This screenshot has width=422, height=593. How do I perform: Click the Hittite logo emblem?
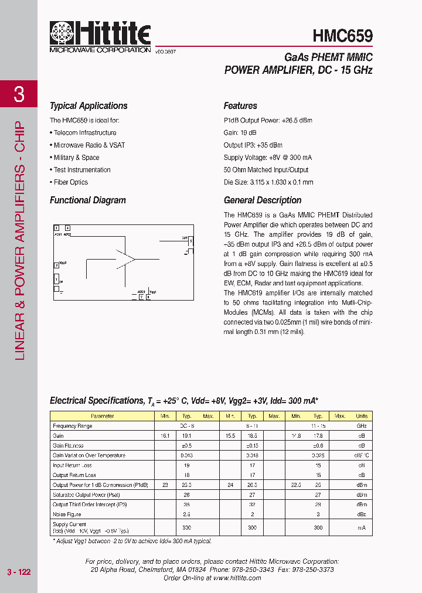point(62,33)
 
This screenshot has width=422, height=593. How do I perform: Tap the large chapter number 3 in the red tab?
point(19,94)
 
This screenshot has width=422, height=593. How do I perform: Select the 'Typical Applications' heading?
point(89,106)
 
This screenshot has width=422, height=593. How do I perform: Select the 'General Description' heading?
point(263,200)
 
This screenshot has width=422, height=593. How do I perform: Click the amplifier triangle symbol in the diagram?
point(125,258)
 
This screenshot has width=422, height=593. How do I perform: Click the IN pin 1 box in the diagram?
point(56,279)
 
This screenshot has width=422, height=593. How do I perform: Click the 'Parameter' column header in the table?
point(103,416)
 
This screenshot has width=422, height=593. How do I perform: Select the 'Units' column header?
point(362,416)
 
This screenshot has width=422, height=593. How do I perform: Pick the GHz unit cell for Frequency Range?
point(362,426)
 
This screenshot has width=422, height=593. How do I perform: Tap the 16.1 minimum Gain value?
point(165,436)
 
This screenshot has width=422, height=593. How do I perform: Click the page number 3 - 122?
point(18,572)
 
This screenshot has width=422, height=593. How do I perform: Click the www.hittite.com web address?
point(237,578)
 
